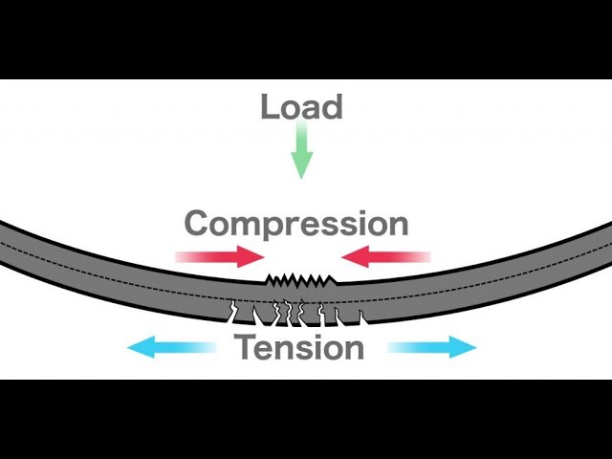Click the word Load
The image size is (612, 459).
click(301, 106)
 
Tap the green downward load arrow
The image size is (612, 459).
click(301, 154)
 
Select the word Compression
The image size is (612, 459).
click(296, 224)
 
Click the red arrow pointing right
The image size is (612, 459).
click(220, 256)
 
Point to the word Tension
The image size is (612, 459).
click(300, 346)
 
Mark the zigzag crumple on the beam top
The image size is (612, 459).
click(301, 280)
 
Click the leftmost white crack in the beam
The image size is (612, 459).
click(233, 310)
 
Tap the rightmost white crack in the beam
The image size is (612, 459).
click(361, 314)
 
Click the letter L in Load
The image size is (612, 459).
click(269, 106)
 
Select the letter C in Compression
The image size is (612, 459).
click(199, 224)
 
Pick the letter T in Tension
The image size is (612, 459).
click(246, 346)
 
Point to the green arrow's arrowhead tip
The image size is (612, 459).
click(301, 177)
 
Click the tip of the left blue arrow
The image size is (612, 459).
click(130, 347)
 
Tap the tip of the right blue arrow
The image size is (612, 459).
click(475, 347)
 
